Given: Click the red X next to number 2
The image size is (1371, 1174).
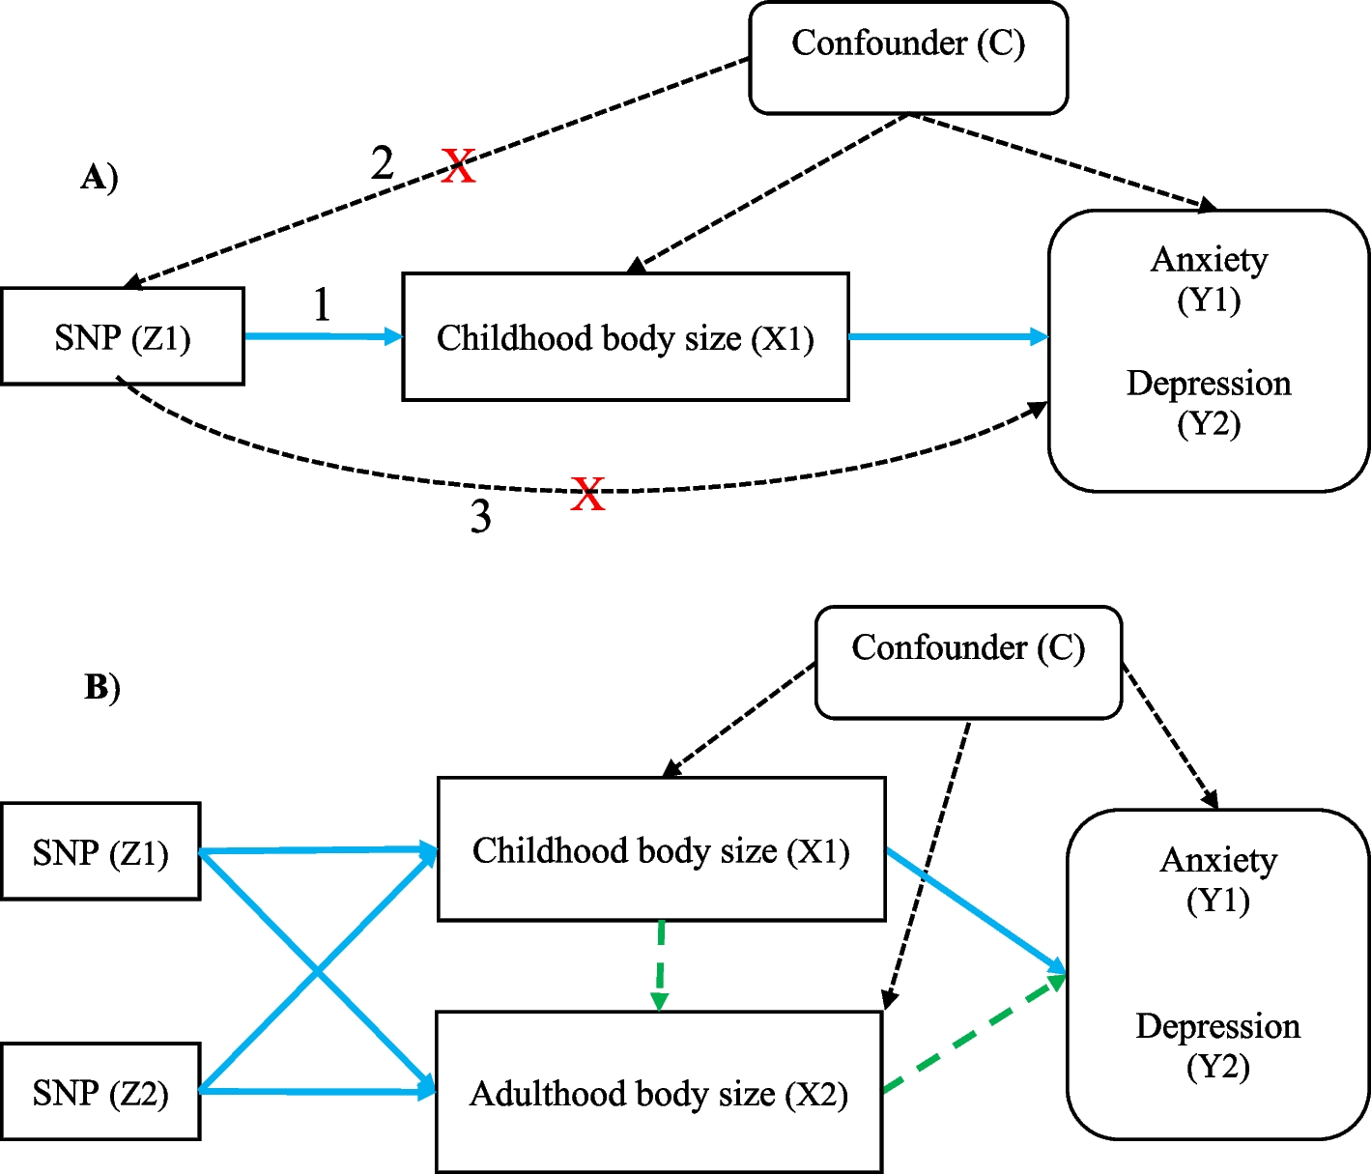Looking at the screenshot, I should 459,166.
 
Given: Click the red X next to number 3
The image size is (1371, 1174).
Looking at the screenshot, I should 587,494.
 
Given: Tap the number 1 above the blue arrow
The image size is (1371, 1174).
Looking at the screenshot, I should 322,305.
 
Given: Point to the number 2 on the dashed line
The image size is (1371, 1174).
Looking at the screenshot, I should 383,163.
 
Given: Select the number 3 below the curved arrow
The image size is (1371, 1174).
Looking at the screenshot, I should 480,517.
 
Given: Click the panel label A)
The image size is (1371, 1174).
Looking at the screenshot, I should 100,178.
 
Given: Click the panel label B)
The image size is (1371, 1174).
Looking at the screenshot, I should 102,687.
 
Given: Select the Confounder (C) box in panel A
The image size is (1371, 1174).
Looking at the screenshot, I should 908,58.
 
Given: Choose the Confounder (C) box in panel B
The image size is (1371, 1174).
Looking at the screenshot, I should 968,663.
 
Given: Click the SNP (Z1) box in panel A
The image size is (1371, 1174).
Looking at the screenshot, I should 123,336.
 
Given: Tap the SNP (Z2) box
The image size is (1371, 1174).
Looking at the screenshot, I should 100,1092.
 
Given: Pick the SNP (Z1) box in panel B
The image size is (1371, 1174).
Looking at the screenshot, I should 100,851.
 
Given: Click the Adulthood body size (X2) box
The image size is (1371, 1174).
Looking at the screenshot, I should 659,1093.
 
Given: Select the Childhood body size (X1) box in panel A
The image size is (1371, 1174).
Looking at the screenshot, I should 625,337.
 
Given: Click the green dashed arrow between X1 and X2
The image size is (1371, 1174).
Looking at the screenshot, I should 660,964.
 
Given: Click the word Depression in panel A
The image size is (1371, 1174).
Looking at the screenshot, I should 1208,384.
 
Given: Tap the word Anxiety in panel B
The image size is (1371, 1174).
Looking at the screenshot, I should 1218,860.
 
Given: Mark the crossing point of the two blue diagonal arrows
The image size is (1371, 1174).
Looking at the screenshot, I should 317,971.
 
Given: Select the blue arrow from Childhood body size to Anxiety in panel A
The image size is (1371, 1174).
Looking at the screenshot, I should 947,337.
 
